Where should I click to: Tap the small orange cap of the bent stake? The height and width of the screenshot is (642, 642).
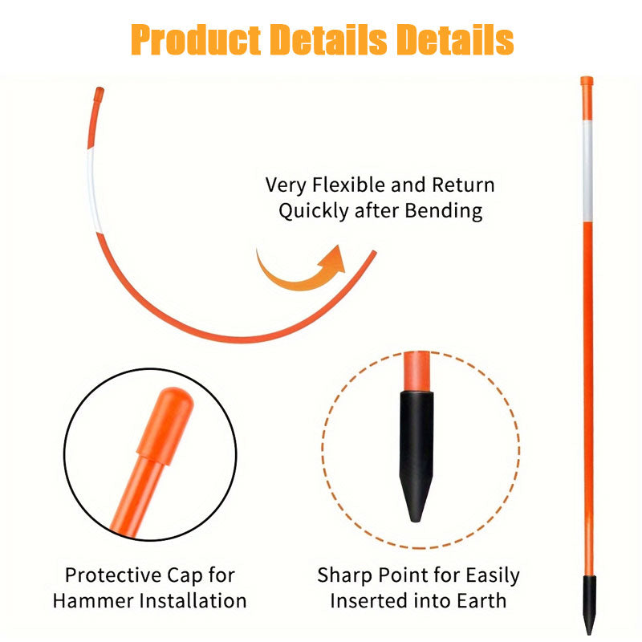[x=99, y=94]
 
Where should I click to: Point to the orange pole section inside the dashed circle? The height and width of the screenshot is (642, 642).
[x=416, y=371]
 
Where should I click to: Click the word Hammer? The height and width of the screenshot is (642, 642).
[x=100, y=600]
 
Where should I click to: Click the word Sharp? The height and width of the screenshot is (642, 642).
[x=343, y=575]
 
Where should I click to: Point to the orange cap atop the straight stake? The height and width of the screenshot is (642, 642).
[x=587, y=82]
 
